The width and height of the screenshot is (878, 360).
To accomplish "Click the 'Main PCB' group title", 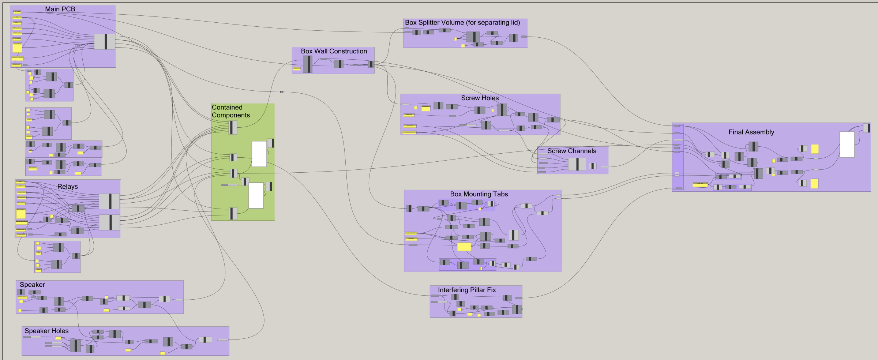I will click(60, 9).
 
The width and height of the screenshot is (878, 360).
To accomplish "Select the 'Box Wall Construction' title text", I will click(334, 51).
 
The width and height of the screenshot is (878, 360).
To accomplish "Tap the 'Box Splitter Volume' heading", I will click(462, 22).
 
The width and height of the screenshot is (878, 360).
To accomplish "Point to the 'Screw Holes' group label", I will click(480, 98).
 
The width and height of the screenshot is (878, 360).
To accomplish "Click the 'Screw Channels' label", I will click(571, 151).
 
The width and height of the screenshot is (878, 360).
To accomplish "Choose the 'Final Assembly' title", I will click(751, 132).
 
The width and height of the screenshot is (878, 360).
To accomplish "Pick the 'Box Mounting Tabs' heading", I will click(479, 194).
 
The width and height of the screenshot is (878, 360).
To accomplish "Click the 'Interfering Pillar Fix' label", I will click(467, 290).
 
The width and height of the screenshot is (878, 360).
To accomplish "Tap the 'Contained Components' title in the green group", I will click(230, 111).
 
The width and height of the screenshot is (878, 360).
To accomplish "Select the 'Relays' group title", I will click(67, 187).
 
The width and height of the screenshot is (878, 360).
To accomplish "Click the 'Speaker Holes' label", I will click(46, 331).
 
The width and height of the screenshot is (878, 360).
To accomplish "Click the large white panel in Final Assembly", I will click(847, 145).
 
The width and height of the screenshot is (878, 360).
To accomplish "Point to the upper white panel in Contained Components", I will click(259, 154).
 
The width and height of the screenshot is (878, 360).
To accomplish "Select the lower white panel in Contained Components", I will click(256, 195).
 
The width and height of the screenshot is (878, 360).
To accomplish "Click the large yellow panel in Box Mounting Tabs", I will click(464, 247).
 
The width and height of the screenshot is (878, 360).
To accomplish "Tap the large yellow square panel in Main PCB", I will click(17, 48).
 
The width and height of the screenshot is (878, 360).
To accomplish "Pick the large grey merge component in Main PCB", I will click(105, 42).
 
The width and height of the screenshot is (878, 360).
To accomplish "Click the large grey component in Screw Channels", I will click(577, 164).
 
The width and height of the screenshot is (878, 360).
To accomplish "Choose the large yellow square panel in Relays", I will click(21, 214).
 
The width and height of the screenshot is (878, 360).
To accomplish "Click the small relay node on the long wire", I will click(281, 92).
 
